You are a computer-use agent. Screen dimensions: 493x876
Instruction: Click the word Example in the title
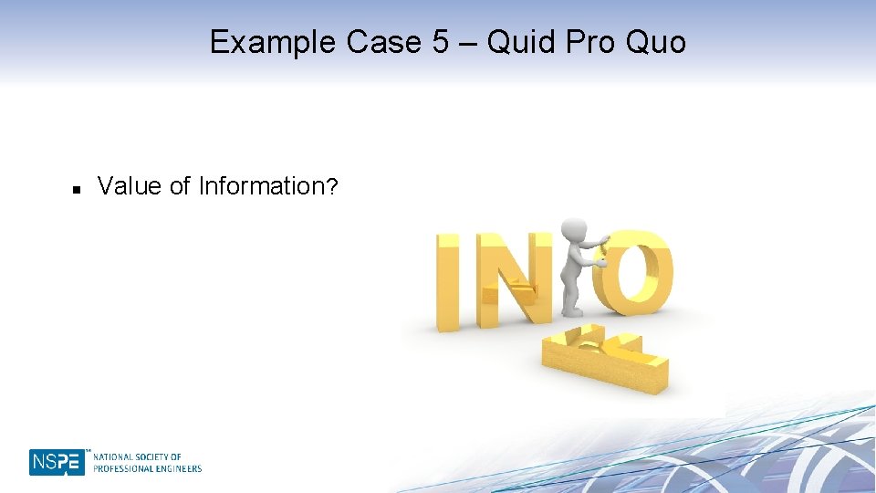pos(273,42)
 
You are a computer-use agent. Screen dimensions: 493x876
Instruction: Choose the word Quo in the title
pos(656,43)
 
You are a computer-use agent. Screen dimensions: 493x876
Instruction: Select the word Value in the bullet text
pos(130,186)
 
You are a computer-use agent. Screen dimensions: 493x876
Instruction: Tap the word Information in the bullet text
pos(261,186)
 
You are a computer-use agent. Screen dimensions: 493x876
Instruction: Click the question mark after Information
pos(333,187)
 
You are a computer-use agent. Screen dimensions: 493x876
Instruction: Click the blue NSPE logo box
pos(57,462)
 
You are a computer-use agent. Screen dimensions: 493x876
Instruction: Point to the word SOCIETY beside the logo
pos(161,456)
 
